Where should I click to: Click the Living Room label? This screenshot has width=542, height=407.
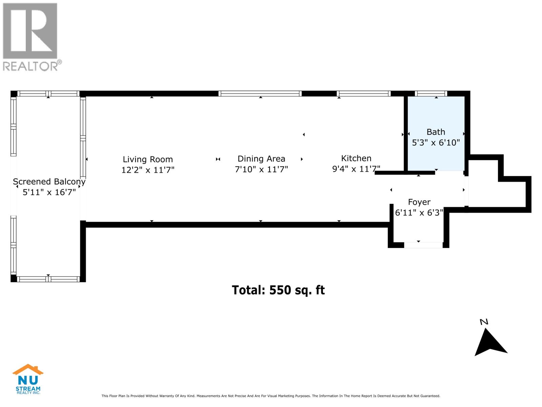pos(148,159)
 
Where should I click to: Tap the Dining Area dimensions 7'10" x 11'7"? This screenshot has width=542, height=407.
pos(261,169)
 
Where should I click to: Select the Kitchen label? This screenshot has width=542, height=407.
pos(356,158)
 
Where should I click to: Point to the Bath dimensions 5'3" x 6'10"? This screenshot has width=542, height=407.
pos(436,143)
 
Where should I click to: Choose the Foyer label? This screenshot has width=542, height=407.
pos(419,202)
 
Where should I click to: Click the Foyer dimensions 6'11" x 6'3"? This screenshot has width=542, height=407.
pos(419,213)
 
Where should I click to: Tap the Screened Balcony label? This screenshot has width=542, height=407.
pos(49,182)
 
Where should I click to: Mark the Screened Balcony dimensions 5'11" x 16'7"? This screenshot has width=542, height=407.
pos(49,193)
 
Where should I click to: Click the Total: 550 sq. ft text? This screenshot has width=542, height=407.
pos(278,290)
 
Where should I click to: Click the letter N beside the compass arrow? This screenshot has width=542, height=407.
pos(484,322)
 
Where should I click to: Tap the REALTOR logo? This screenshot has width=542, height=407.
pos(31,37)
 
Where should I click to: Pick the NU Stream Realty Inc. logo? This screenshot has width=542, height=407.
pos(28,379)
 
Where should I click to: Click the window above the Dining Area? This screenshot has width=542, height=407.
pos(260,94)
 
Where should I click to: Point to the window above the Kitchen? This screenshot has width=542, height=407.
pos(363,94)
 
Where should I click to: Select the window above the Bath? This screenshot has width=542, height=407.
pos(431,94)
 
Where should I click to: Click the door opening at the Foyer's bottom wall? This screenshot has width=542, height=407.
pos(423,245)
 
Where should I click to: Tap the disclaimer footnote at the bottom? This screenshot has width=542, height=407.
pos(271,396)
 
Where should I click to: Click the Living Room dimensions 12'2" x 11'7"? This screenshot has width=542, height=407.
pos(148,170)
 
